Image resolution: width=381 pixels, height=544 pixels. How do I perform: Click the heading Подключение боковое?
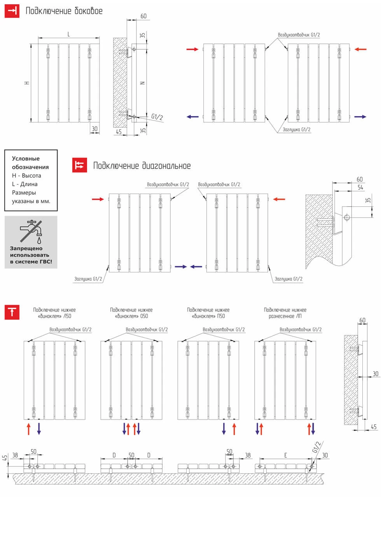[x=64, y=11]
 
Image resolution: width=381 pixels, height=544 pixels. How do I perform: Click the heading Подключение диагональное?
[x=142, y=166]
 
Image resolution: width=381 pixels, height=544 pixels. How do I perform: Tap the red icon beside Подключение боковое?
[x=12, y=10]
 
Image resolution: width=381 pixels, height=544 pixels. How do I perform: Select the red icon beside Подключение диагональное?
[x=80, y=165]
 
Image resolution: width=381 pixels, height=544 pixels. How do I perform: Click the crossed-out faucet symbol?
[x=31, y=231]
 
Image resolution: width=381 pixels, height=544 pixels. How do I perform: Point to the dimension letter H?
[x=27, y=83]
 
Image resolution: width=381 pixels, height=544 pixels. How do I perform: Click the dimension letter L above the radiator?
[x=69, y=35]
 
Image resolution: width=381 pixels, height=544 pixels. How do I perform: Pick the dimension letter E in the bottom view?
[x=285, y=455]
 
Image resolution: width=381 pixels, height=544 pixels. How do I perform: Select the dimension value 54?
[x=360, y=187]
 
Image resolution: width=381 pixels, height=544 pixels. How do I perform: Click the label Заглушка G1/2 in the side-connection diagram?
[x=296, y=130]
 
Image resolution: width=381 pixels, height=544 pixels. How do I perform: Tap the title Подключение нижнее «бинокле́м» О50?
[x=131, y=313]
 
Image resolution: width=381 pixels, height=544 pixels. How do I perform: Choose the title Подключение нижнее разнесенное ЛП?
[x=285, y=313]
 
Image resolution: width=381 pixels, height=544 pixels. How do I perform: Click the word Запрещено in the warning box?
[x=26, y=248]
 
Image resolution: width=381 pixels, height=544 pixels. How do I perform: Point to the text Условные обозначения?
[x=30, y=163]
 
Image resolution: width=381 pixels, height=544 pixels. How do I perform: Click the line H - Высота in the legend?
[x=26, y=176]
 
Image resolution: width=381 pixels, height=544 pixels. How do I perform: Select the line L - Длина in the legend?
[x=25, y=184]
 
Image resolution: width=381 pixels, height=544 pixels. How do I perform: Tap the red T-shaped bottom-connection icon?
[x=12, y=312]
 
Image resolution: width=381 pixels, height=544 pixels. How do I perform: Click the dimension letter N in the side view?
[x=142, y=83]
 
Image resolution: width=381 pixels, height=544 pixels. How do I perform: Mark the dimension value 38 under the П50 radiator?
[x=248, y=455]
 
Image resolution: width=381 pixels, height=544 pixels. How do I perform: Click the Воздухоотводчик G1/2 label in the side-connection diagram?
[x=299, y=35]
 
